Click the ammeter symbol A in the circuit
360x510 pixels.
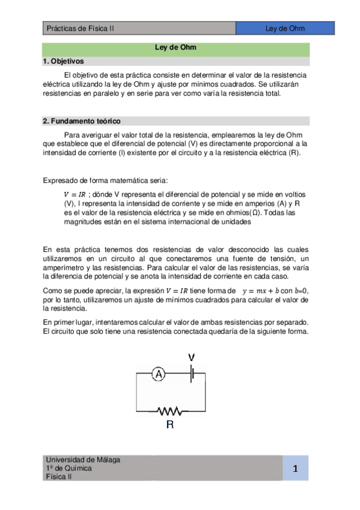point(158,375)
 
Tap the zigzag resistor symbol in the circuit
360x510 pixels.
point(169,411)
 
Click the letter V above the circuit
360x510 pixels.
point(192,358)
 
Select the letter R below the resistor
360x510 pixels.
point(169,425)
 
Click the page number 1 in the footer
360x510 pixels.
point(296,469)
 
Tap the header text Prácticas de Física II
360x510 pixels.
point(80,28)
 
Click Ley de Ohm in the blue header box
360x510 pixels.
point(285,28)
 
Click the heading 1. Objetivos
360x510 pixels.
point(63,61)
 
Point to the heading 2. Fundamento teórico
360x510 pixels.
point(82,121)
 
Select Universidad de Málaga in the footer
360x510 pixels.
point(83,459)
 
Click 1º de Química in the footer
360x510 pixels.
point(69,468)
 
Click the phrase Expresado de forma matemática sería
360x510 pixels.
point(106,180)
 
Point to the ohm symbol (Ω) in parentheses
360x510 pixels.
point(255,212)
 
